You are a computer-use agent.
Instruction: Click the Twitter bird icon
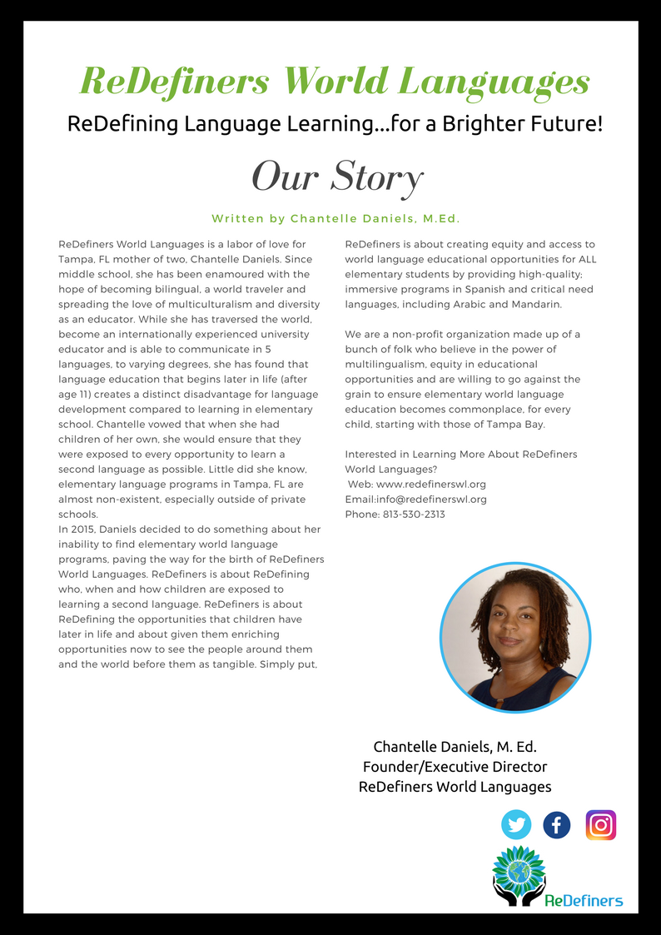516,825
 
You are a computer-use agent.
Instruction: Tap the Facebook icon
557,825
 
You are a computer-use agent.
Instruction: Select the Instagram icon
600,825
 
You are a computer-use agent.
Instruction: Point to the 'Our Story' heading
337,177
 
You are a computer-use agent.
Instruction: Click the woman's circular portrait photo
514,637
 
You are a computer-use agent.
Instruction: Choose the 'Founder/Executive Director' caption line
455,766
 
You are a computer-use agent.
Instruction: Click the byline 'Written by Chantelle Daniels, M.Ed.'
335,218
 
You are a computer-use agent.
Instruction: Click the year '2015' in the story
82,530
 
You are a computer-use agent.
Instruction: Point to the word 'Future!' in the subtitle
569,125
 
